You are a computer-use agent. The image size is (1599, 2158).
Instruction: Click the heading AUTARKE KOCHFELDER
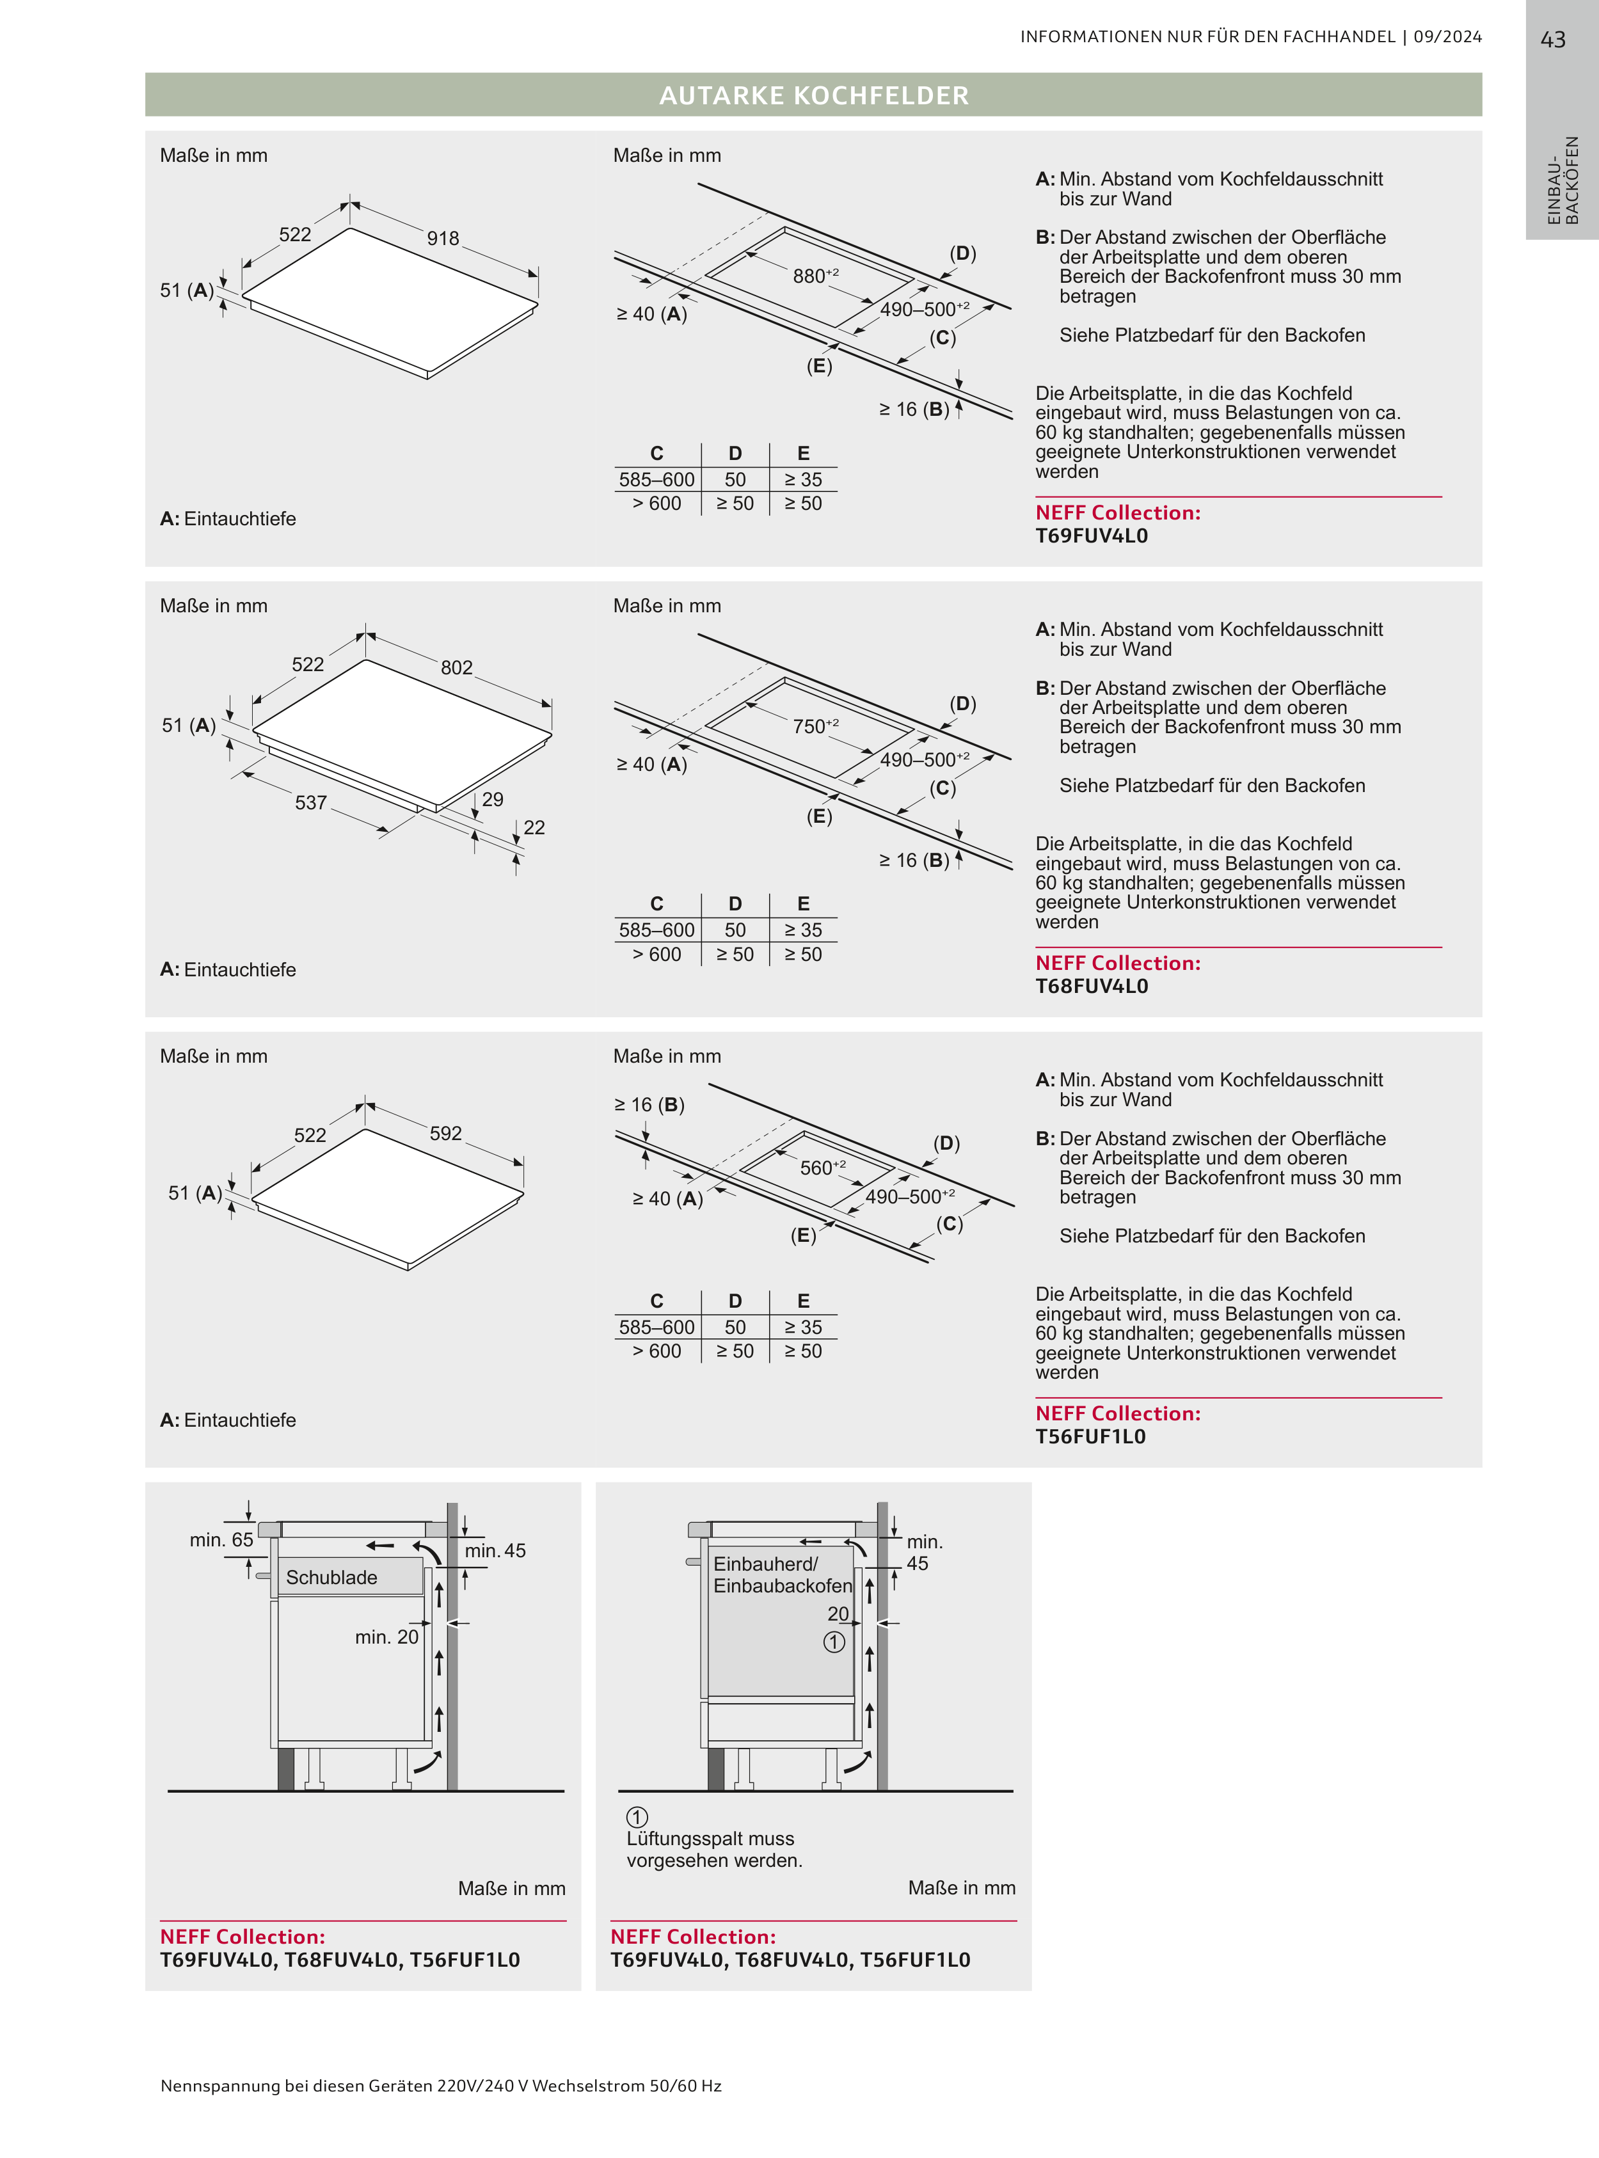tap(813, 96)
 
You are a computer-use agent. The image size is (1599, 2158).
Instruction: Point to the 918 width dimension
tap(443, 238)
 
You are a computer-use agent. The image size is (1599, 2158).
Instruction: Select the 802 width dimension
tap(457, 668)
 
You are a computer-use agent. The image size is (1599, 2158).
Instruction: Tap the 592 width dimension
tap(445, 1133)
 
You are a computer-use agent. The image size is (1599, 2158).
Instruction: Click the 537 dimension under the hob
tap(311, 802)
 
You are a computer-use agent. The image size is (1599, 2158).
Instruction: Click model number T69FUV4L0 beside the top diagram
tap(1091, 536)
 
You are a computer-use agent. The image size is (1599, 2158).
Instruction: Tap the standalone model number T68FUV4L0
tap(1091, 986)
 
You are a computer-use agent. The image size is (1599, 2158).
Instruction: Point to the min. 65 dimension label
tap(221, 1539)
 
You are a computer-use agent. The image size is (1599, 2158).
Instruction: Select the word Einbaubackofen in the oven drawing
tap(782, 1585)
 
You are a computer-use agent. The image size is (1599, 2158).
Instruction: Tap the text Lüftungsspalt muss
tap(710, 1839)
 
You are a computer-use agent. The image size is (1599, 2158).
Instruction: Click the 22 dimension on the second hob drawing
tap(534, 827)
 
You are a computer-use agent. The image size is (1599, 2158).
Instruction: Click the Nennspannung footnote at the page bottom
tap(440, 2086)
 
